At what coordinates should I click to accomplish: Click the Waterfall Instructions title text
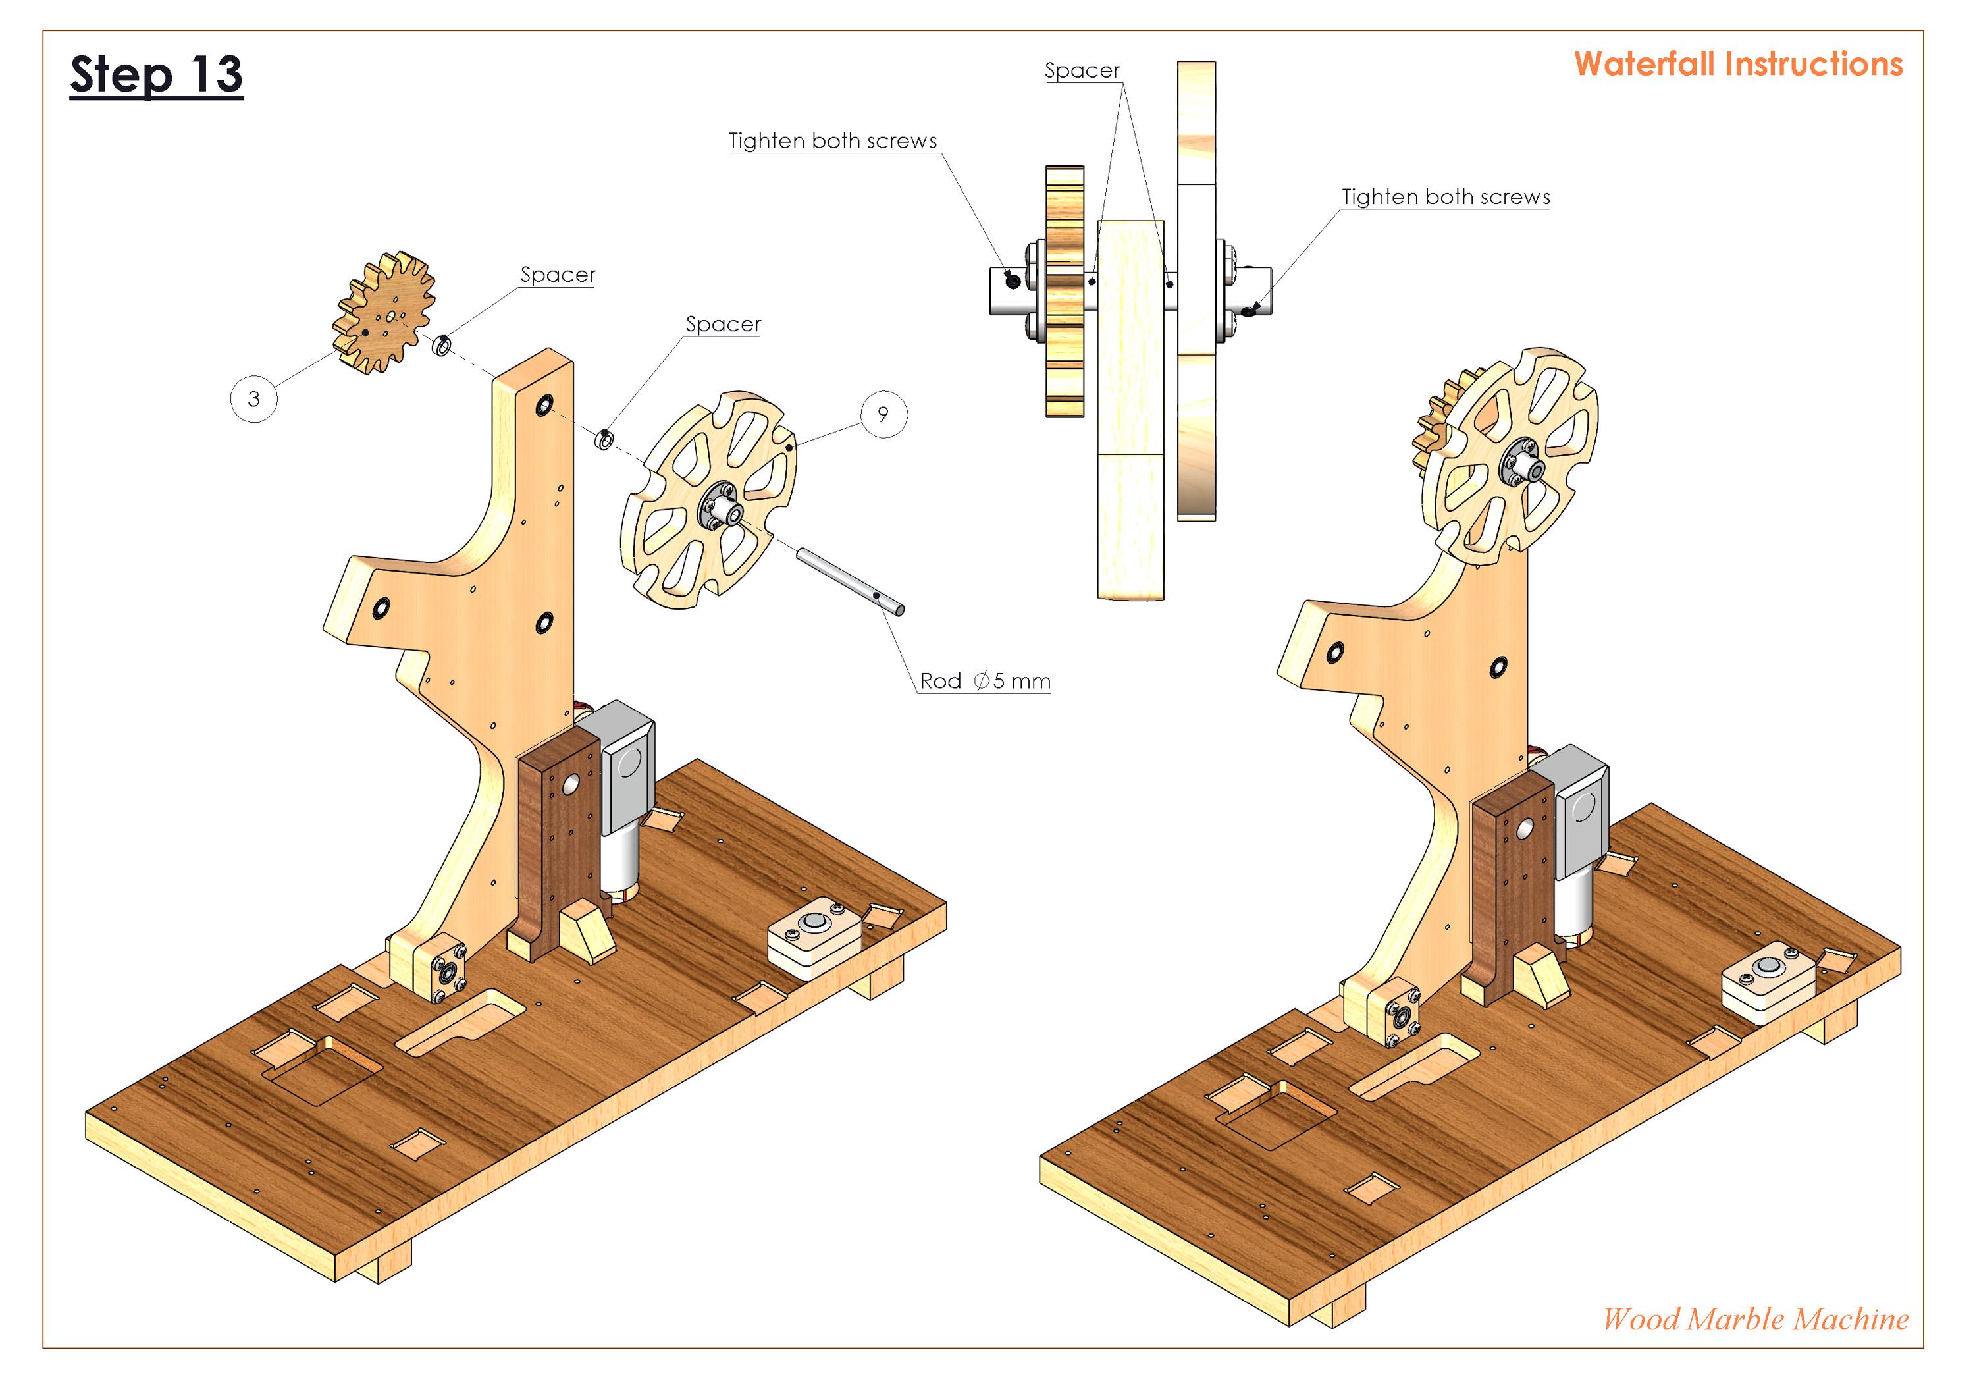(1737, 65)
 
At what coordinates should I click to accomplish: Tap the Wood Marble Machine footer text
(1755, 1318)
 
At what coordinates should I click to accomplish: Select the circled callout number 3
(253, 399)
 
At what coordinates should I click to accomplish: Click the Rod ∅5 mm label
(985, 682)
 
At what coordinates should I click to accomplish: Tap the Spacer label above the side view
(1082, 70)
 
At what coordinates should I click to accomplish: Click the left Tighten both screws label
(832, 141)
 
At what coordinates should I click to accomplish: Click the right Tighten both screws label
(1445, 197)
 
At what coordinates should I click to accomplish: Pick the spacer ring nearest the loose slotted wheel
(605, 439)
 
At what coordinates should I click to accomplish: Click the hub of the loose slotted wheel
(721, 509)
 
